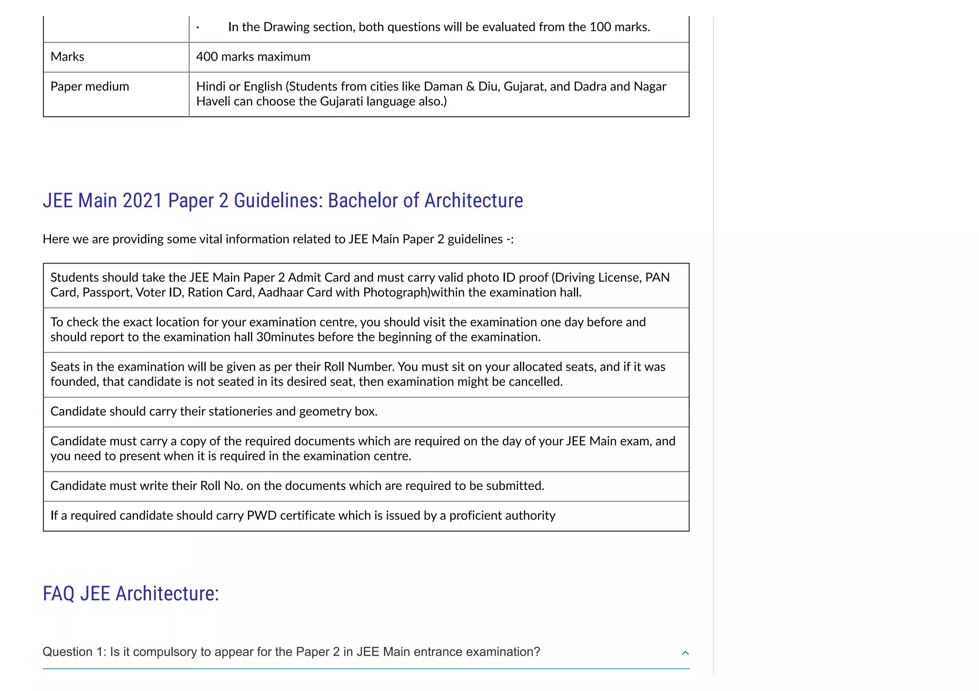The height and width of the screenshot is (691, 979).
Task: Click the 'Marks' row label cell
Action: pyautogui.click(x=67, y=57)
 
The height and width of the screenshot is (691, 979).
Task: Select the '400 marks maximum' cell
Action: pyautogui.click(x=253, y=57)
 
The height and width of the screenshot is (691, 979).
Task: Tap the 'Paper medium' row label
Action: pyautogui.click(x=89, y=86)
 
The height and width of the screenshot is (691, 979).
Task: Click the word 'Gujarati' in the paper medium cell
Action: pyautogui.click(x=341, y=101)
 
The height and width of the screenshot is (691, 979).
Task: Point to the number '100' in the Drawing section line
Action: pyautogui.click(x=600, y=27)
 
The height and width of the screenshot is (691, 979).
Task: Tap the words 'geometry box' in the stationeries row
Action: pyautogui.click(x=337, y=412)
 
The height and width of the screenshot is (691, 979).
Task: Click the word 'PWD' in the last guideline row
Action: pyautogui.click(x=261, y=516)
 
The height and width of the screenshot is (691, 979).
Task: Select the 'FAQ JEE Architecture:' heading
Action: pyautogui.click(x=131, y=594)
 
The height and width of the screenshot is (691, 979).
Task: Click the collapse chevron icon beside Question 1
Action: pyautogui.click(x=685, y=653)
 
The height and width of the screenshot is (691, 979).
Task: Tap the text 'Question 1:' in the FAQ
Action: pyautogui.click(x=74, y=652)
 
